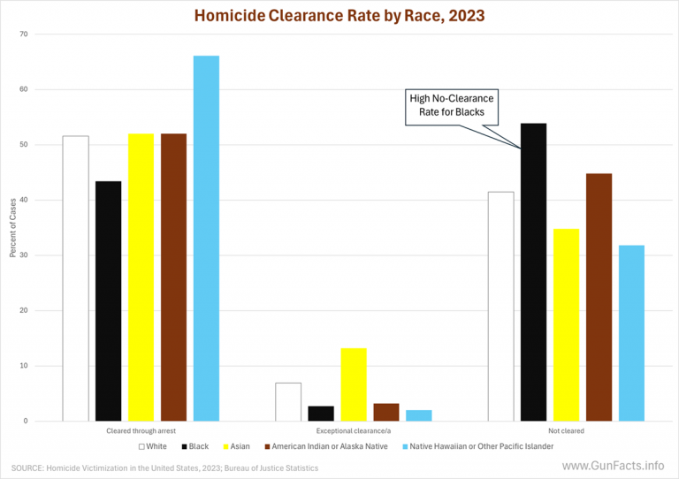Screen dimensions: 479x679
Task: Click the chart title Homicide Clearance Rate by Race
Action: [339, 15]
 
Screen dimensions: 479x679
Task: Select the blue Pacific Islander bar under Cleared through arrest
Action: [206, 239]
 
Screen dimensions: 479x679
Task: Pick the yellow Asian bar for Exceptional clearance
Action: [354, 384]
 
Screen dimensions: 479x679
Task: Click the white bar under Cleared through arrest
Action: [76, 278]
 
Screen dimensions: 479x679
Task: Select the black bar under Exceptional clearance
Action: [321, 414]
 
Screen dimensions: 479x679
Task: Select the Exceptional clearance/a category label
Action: [354, 431]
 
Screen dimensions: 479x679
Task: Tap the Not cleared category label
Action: [566, 431]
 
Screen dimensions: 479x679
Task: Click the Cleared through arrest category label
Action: [141, 431]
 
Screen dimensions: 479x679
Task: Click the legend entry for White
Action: [152, 446]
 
